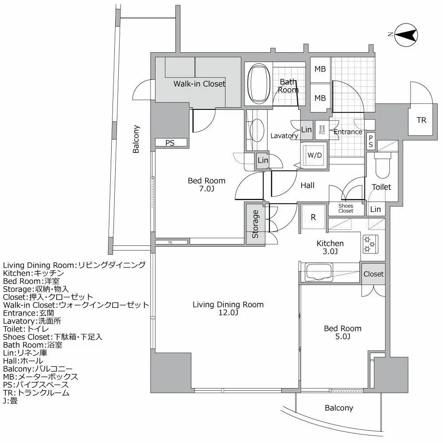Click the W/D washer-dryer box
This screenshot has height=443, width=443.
click(314, 155)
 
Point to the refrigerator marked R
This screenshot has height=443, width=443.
click(313, 218)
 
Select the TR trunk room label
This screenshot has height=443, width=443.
click(421, 120)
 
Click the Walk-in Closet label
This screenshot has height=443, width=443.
click(199, 84)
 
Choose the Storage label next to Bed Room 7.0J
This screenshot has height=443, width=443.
click(256, 224)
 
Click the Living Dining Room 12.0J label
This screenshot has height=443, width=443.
click(228, 309)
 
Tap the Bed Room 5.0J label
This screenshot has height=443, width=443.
click(342, 333)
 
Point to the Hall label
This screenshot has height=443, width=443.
click(307, 185)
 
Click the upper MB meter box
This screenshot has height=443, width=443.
click(320, 69)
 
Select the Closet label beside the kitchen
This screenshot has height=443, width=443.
click(373, 274)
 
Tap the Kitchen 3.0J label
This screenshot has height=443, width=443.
click(330, 248)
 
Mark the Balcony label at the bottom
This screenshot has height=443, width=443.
click(338, 408)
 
